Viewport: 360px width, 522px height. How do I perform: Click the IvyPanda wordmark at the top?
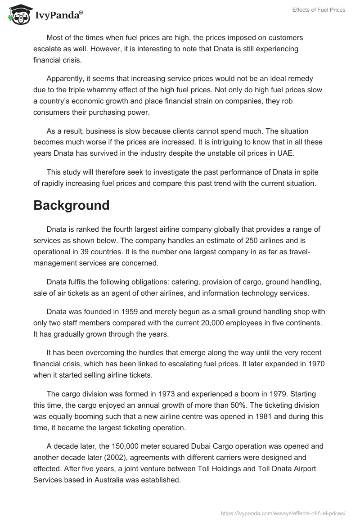pos(59,15)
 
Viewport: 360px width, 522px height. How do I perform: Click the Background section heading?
pos(72,205)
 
